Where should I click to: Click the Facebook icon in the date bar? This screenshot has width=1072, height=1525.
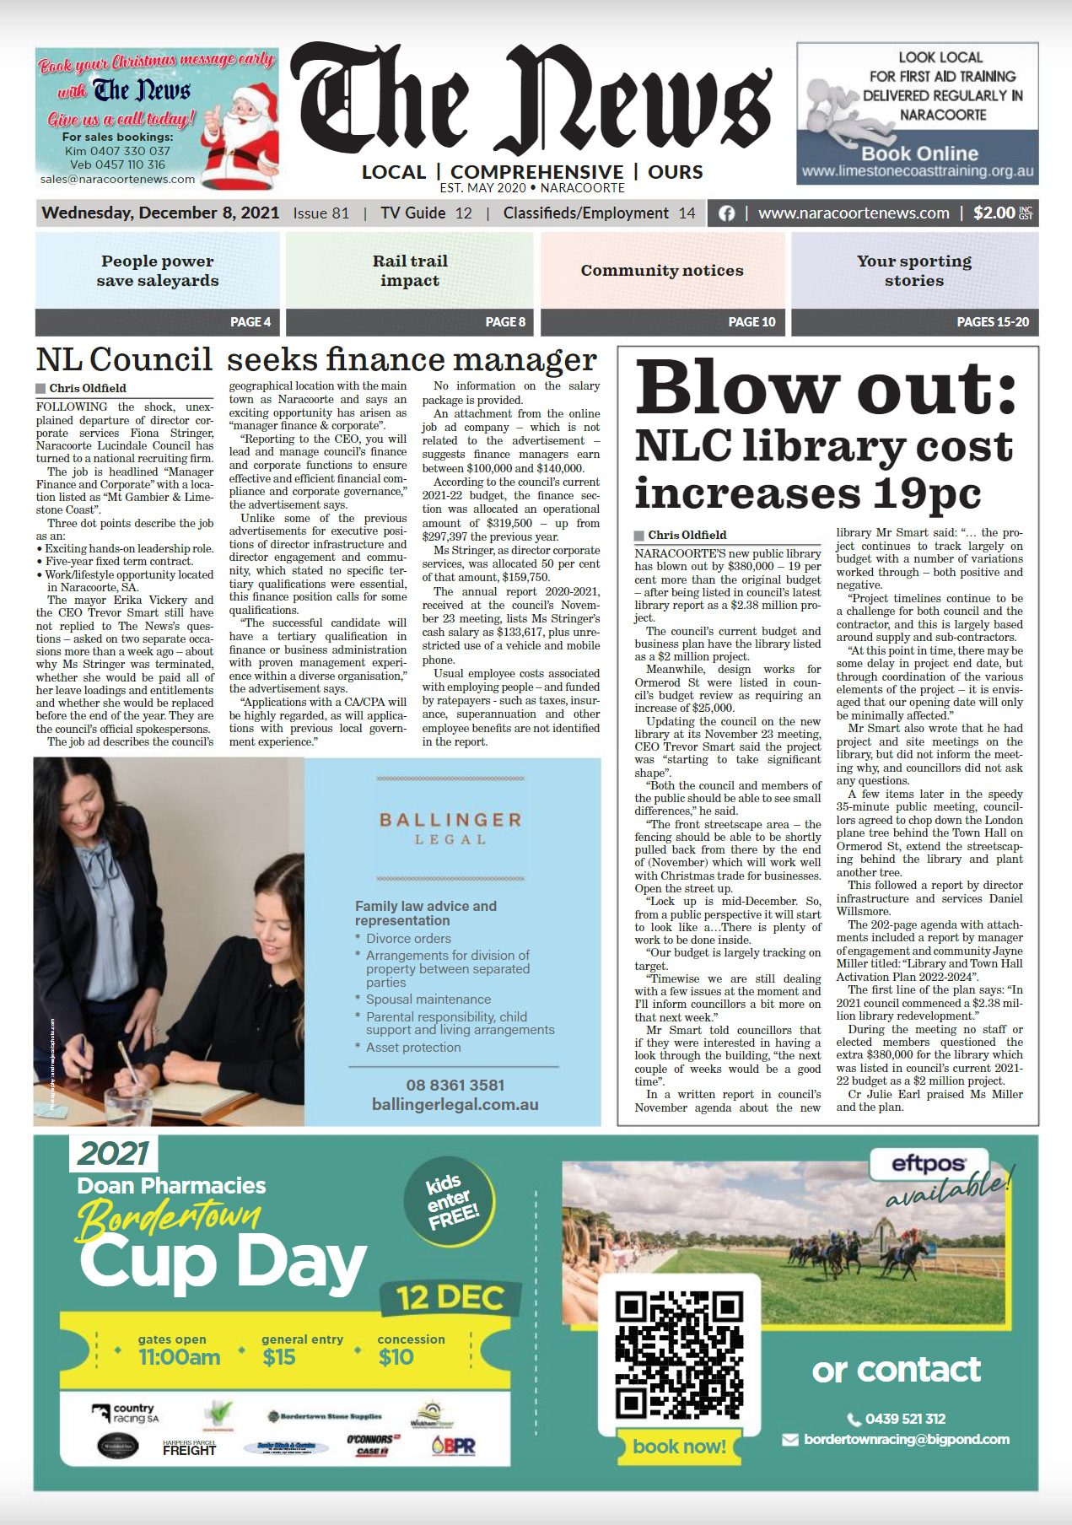726,213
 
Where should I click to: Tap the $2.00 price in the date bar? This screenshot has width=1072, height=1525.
994,213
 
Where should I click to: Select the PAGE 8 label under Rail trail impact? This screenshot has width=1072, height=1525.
505,321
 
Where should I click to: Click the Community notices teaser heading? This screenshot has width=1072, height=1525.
662,271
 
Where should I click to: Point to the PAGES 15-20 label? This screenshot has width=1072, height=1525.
993,321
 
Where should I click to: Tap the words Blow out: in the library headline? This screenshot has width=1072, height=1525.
826,388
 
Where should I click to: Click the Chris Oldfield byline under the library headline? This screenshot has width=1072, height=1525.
687,535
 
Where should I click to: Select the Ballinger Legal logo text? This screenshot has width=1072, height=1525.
451,827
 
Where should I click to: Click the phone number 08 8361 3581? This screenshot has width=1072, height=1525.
455,1085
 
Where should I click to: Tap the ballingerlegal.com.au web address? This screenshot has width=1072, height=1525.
455,1104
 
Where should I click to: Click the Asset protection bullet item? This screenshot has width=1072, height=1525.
413,1048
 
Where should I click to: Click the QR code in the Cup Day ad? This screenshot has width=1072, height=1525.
679,1355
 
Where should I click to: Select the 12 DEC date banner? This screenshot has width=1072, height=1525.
450,1297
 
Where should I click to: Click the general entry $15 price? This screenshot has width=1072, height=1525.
279,1357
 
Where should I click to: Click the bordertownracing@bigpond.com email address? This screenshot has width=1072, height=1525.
906,1439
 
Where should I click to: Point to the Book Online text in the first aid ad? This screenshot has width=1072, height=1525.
919,154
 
